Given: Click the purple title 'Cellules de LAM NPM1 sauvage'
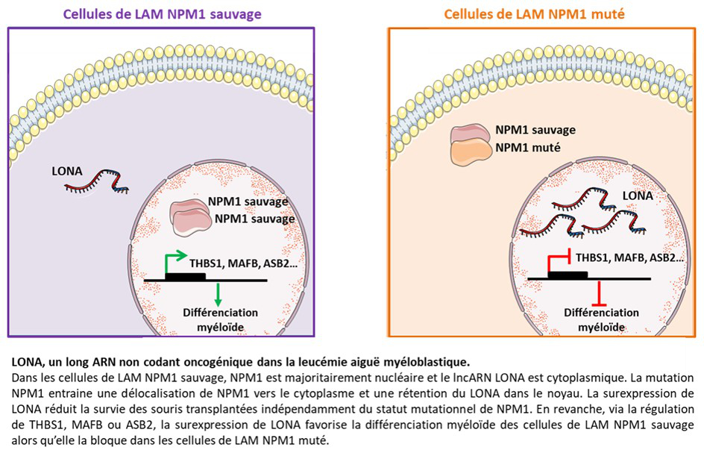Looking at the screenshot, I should (x=163, y=13).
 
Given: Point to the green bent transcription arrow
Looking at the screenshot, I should (x=175, y=262).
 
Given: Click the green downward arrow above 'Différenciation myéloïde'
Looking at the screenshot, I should (x=218, y=293).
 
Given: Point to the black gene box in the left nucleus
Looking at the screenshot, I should (x=185, y=277).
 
